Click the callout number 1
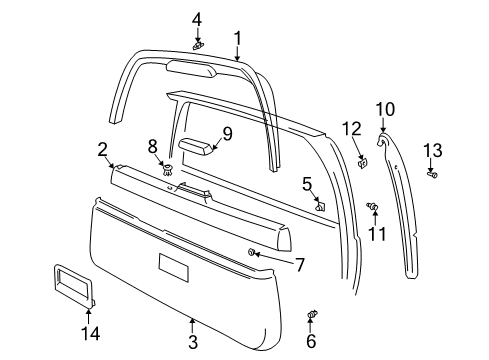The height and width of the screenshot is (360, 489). point(237,38)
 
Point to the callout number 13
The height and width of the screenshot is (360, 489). point(432,151)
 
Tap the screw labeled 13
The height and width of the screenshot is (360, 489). point(432,175)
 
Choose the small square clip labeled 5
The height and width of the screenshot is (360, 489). point(320,207)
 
